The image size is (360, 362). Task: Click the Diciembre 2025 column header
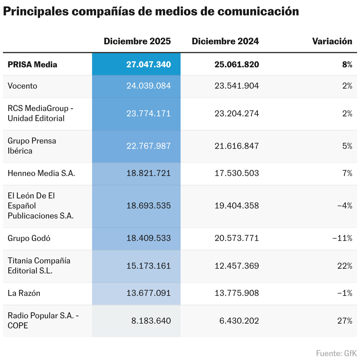point(137,41)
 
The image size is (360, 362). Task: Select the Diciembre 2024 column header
point(225,41)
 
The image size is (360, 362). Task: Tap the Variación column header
point(332,41)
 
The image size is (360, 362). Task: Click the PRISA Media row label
point(32,65)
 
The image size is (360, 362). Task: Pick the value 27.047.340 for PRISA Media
point(148,65)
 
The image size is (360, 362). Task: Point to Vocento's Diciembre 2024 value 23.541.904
point(237,86)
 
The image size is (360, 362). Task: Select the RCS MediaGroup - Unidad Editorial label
point(40,113)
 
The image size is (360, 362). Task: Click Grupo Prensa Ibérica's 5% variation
point(347,146)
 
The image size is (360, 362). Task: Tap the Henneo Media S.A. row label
point(41,173)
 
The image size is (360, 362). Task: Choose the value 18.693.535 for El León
point(148,206)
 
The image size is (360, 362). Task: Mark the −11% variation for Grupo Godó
point(342,238)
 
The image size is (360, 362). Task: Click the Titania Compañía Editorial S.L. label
point(39,266)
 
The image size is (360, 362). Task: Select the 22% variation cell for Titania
point(345,266)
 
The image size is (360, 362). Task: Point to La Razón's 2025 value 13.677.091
point(148,293)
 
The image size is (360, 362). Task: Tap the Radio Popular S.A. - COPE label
point(43,321)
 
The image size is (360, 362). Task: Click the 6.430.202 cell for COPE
point(239,321)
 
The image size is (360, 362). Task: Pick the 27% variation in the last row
point(345,321)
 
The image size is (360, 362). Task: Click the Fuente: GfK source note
point(336,353)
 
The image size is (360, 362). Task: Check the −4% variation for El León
point(344,206)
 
